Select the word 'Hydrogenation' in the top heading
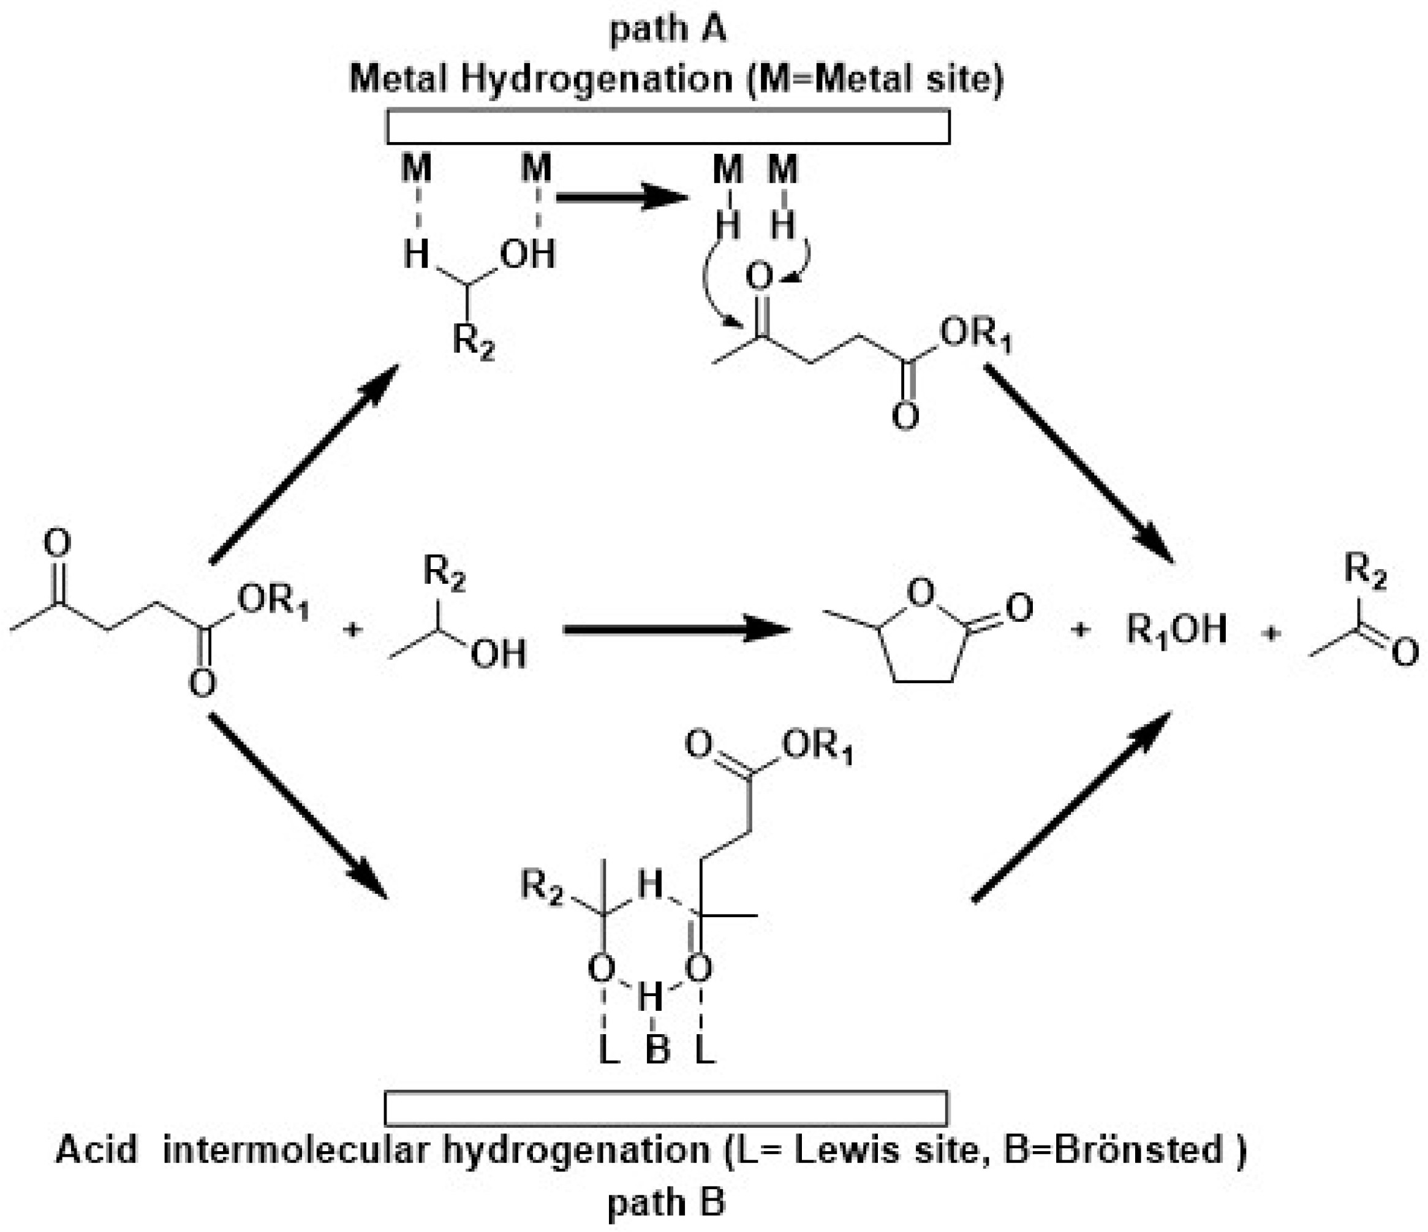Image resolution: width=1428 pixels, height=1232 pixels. tap(595, 78)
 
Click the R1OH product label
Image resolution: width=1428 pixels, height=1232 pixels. tap(1176, 629)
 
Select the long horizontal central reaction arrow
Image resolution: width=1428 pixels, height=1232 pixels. tap(675, 629)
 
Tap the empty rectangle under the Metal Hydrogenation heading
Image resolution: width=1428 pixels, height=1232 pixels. tap(668, 127)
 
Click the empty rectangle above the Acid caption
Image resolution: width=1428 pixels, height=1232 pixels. tap(666, 1109)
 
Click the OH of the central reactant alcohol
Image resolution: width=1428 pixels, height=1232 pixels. tap(498, 653)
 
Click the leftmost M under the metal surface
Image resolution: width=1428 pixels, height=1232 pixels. tap(417, 169)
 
